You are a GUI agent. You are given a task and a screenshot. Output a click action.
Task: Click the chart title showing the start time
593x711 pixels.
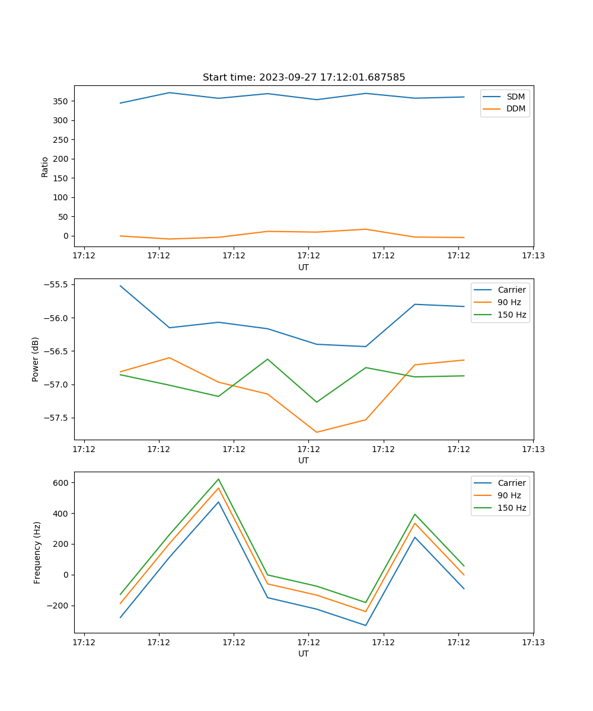pos(304,78)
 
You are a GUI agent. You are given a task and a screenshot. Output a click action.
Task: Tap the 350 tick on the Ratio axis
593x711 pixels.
pos(61,101)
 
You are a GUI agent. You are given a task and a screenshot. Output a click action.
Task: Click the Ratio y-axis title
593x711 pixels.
pos(45,166)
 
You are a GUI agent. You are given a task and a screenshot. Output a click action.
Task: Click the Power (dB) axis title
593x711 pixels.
pos(36,359)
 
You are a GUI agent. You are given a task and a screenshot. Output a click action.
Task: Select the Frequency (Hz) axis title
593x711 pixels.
pos(37,552)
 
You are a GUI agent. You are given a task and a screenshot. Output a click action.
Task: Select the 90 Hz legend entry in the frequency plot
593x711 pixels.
pos(509,495)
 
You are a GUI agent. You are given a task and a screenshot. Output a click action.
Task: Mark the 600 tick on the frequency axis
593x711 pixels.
pos(61,483)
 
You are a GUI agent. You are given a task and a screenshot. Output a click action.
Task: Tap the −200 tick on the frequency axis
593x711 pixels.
pos(59,606)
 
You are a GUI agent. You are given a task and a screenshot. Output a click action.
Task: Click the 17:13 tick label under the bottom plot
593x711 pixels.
pos(533,642)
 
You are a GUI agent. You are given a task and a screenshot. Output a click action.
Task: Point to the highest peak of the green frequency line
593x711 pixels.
pos(218,479)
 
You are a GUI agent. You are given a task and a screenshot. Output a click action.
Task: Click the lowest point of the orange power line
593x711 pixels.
pos(317,432)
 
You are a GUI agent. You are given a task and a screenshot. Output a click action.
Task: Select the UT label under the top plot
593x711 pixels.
pos(304,267)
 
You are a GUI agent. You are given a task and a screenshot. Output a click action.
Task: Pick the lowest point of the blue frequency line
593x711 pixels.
pos(366,625)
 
